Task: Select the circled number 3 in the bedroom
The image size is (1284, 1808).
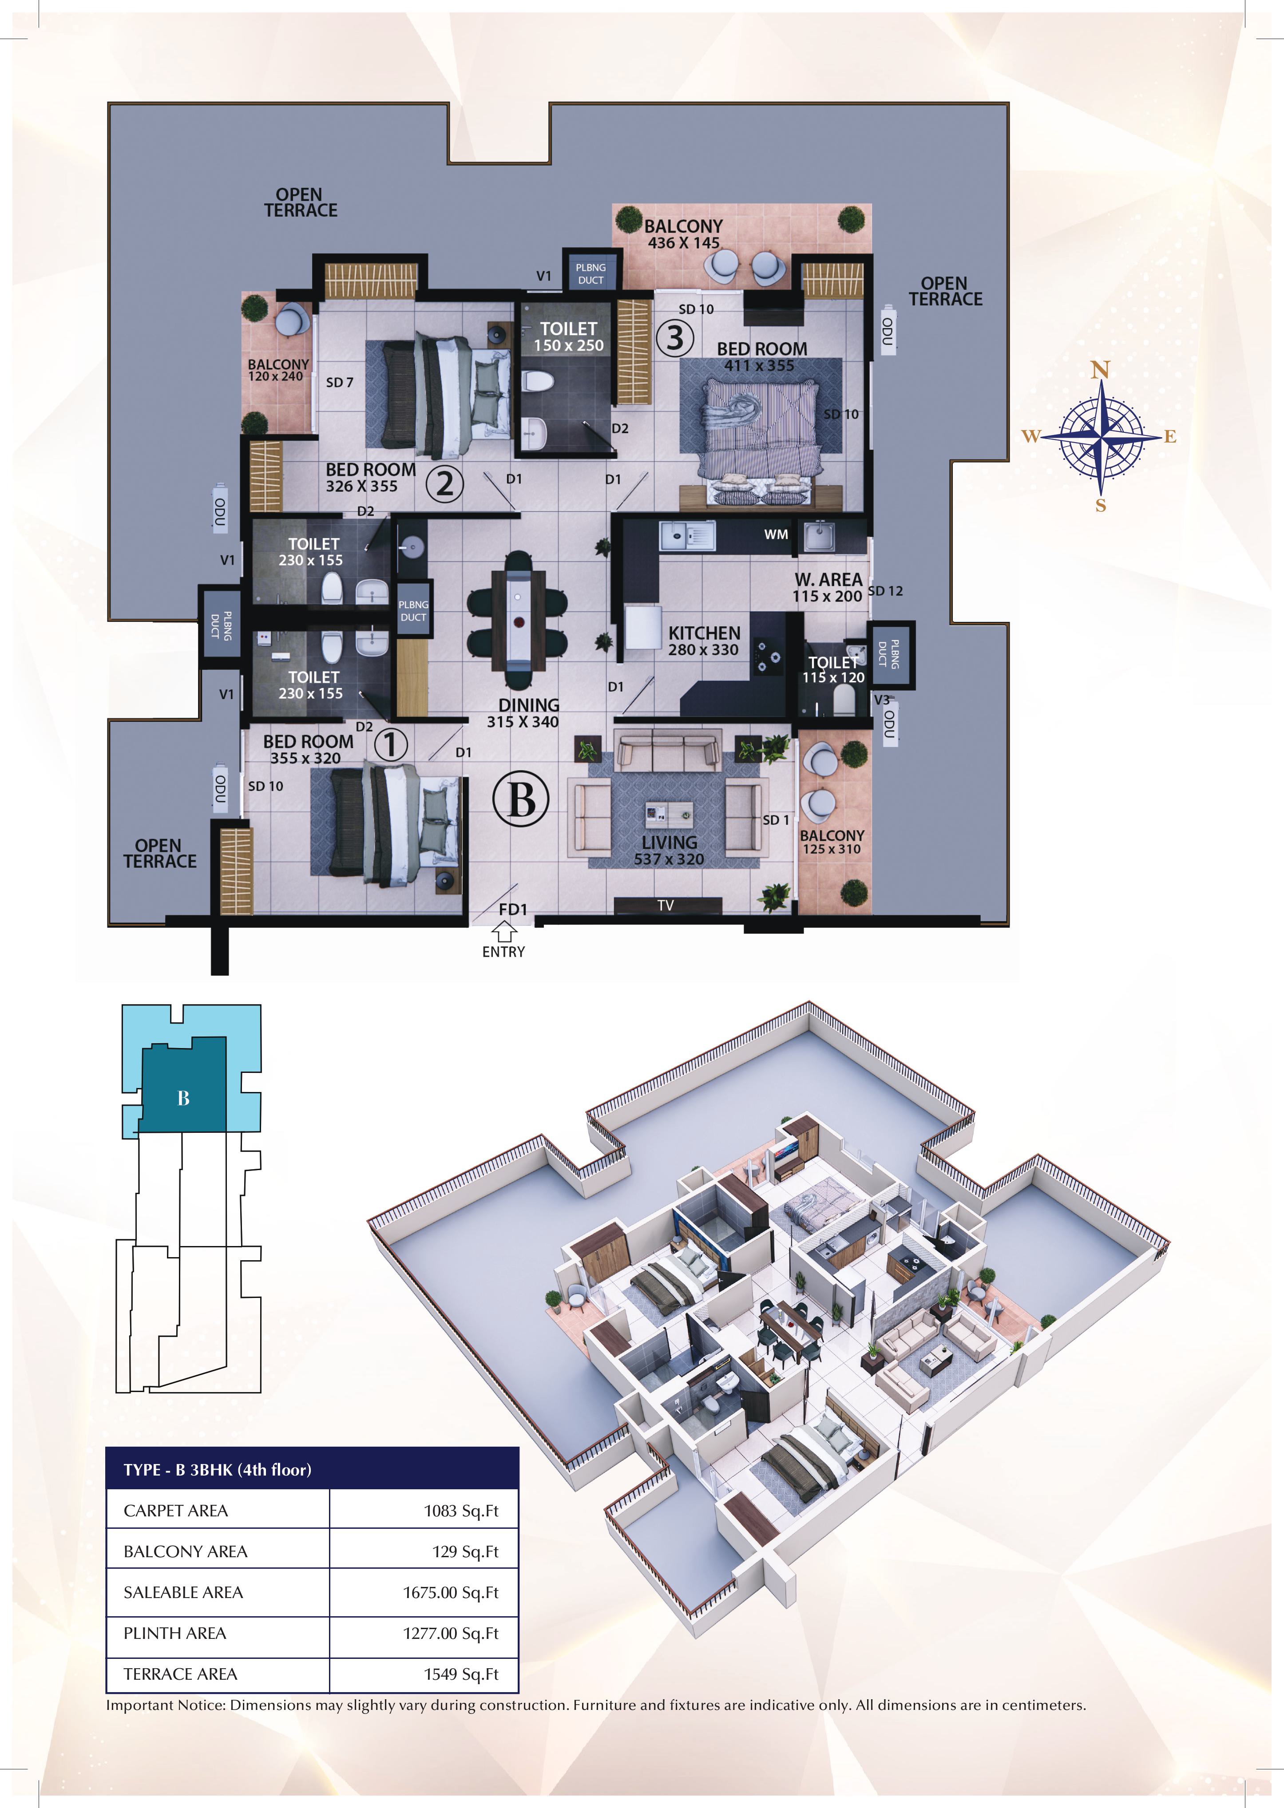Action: coord(674,338)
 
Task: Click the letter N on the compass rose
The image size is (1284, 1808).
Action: coord(1100,370)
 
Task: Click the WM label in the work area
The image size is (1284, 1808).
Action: coord(776,534)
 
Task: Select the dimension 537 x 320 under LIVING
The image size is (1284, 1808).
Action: coord(669,859)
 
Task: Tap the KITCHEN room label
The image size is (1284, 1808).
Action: coord(704,633)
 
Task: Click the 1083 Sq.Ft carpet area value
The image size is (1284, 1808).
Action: coord(461,1511)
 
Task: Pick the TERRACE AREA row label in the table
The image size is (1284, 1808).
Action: coord(180,1673)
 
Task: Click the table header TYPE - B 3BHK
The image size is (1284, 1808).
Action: coord(218,1470)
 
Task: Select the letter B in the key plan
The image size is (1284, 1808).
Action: coord(183,1098)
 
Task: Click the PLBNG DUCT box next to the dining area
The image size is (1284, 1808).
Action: coord(413,610)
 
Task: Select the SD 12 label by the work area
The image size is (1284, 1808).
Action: coord(885,590)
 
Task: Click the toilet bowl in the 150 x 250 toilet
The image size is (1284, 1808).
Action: coord(540,382)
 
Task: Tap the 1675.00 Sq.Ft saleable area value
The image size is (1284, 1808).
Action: coord(451,1592)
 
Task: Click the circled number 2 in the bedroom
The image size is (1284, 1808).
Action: coord(445,483)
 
